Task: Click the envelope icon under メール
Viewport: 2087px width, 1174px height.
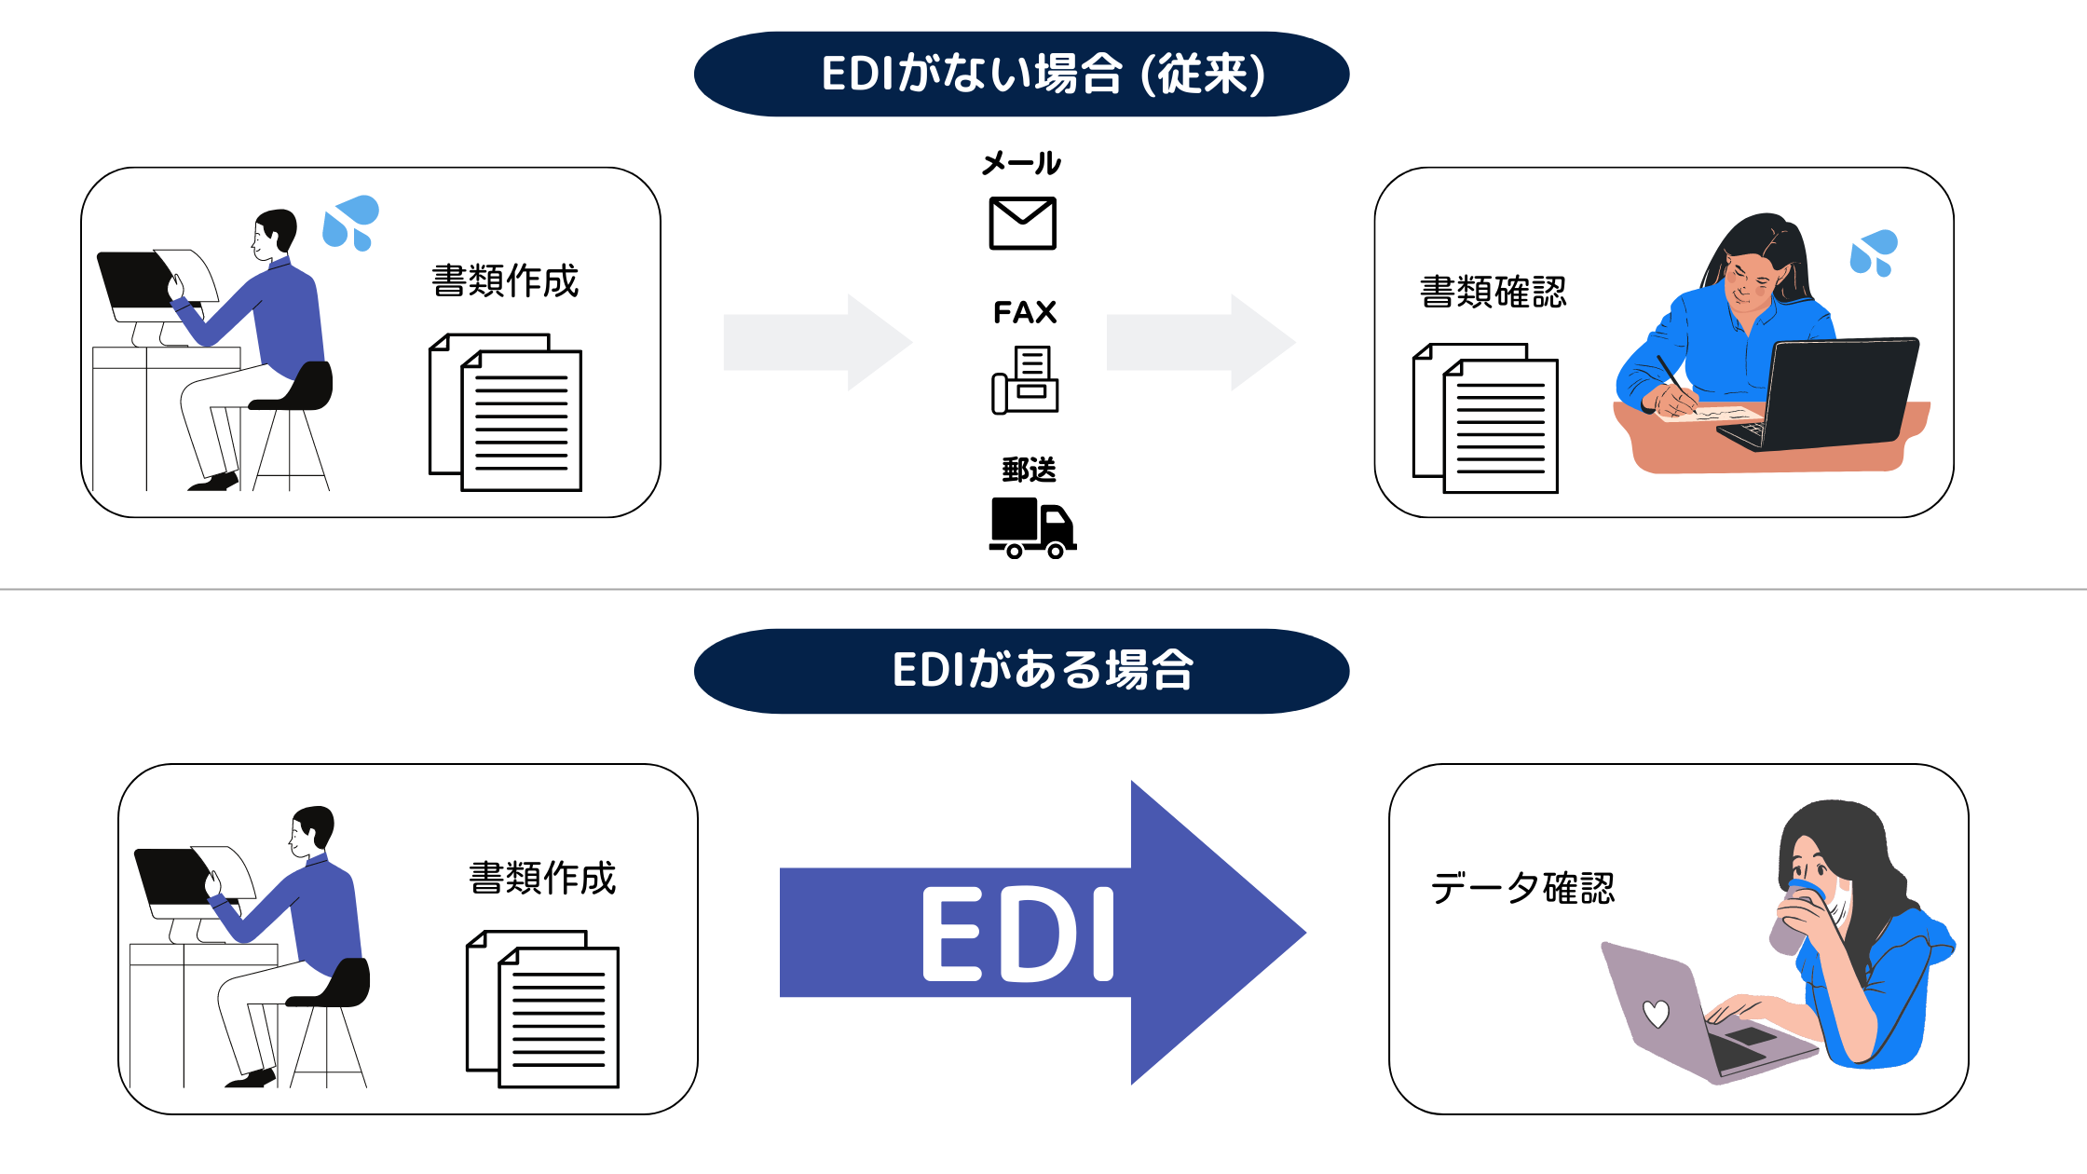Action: pyautogui.click(x=1022, y=224)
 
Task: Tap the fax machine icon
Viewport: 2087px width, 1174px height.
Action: pyautogui.click(x=1025, y=380)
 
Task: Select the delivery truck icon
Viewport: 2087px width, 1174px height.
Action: pyautogui.click(x=1031, y=527)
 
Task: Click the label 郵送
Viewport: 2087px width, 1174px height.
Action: pyautogui.click(x=1029, y=470)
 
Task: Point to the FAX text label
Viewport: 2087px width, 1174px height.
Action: pyautogui.click(x=1025, y=312)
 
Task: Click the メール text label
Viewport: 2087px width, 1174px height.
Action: pyautogui.click(x=1021, y=164)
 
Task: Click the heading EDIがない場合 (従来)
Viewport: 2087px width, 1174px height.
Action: pyautogui.click(x=1021, y=75)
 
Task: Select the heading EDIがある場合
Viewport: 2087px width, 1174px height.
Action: pyautogui.click(x=1021, y=671)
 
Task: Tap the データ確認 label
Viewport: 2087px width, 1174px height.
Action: pyautogui.click(x=1521, y=888)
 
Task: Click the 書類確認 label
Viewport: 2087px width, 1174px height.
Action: pyautogui.click(x=1493, y=293)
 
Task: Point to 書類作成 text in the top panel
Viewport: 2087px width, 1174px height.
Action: pyautogui.click(x=505, y=281)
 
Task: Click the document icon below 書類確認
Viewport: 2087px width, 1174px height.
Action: pyautogui.click(x=1486, y=419)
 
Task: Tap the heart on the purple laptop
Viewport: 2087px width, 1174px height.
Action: pyautogui.click(x=1656, y=1013)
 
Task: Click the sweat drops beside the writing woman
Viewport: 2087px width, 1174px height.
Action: pyautogui.click(x=1873, y=253)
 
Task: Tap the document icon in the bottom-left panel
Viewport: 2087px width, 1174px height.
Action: pyautogui.click(x=543, y=1009)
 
